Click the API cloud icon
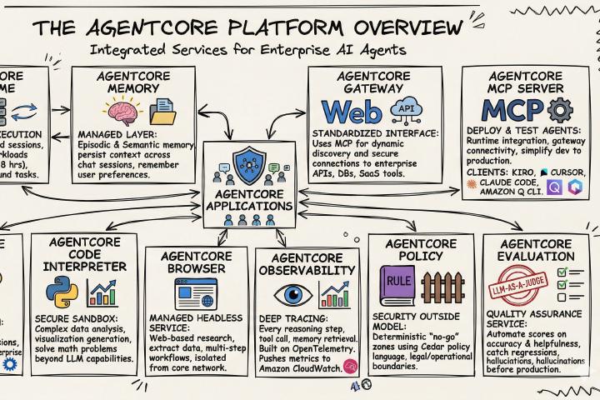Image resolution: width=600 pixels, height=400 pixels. pos(406,108)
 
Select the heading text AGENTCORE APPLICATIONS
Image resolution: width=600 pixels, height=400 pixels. pos(248,201)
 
